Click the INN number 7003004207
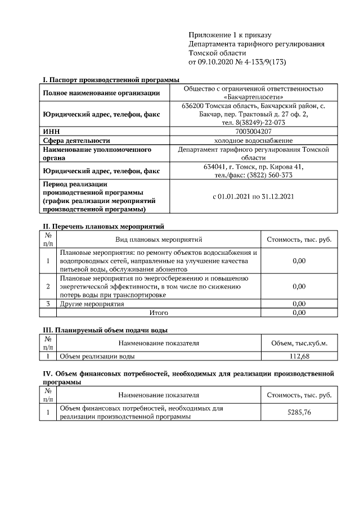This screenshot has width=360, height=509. (253, 131)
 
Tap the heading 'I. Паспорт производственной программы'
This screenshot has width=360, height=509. (111, 80)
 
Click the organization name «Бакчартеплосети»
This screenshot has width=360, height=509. (253, 97)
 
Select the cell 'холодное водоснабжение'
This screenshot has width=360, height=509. (253, 140)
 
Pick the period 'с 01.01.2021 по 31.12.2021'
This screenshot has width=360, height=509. (253, 196)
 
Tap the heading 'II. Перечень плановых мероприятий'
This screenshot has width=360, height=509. (103, 227)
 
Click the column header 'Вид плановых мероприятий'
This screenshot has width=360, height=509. (158, 240)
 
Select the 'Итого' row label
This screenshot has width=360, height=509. (158, 312)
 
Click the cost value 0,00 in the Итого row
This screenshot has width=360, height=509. (299, 312)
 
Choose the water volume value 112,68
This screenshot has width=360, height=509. (299, 356)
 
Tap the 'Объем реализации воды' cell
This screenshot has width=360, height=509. (97, 356)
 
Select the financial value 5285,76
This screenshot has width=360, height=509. (299, 412)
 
